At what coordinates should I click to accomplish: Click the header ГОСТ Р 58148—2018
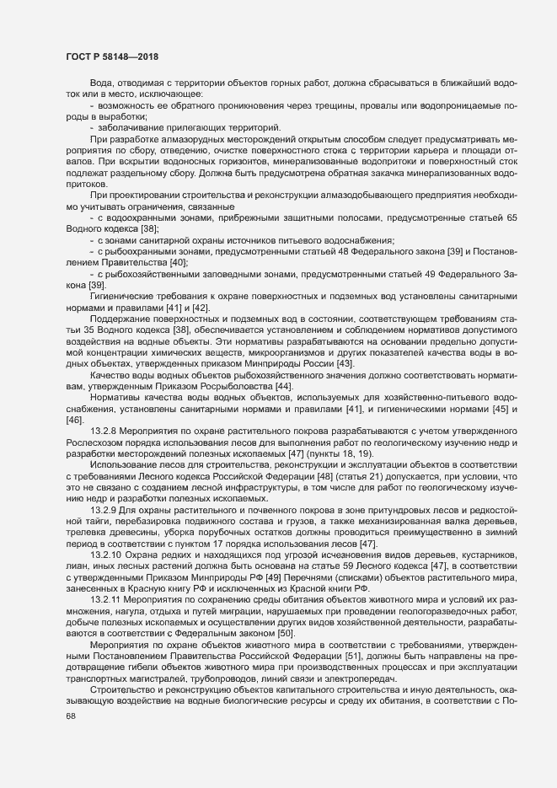coord(111,56)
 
